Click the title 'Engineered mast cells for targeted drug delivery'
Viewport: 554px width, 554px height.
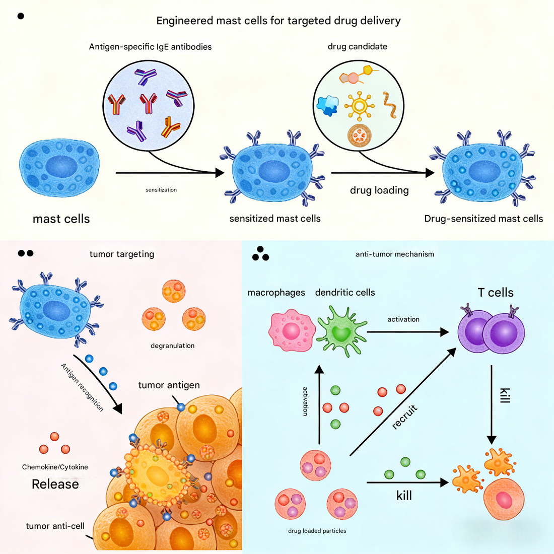point(279,21)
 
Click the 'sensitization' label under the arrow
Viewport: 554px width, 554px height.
point(161,190)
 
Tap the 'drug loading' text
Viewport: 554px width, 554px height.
point(379,190)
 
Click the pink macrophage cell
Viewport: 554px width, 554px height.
point(292,331)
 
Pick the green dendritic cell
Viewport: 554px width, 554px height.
point(341,331)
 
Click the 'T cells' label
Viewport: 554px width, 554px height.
point(495,293)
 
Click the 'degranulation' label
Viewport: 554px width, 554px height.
point(172,345)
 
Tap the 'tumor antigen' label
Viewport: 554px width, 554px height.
point(169,385)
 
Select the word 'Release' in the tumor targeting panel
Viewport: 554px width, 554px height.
point(55,484)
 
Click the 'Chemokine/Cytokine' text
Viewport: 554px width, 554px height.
point(55,467)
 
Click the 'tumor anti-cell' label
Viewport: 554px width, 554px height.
point(55,526)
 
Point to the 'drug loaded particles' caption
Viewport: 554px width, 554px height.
point(317,531)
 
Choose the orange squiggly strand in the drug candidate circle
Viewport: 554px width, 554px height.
point(389,105)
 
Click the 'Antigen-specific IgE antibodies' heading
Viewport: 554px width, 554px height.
point(150,47)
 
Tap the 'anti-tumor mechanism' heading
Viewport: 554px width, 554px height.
point(394,254)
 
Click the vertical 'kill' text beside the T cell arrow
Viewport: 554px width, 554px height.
point(505,395)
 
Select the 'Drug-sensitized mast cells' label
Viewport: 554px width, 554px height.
point(483,219)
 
